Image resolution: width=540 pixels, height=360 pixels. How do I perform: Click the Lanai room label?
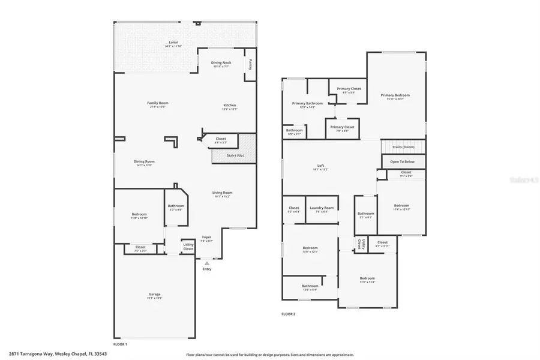point(173,43)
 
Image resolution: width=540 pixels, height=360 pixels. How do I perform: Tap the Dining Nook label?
point(220,64)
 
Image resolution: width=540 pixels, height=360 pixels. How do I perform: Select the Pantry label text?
point(250,64)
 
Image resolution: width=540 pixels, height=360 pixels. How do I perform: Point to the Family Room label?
point(158,104)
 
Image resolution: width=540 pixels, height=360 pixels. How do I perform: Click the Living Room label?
point(222,194)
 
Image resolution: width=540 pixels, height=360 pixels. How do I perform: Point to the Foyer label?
point(206,238)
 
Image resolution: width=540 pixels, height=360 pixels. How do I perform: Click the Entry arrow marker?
point(207,263)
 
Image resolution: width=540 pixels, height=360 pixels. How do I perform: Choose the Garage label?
point(155,295)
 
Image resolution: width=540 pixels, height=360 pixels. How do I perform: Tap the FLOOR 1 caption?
point(120,344)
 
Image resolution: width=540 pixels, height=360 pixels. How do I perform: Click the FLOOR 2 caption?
point(289,314)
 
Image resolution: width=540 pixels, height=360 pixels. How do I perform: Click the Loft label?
point(320,167)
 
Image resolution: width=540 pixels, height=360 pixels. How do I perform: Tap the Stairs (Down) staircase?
point(403,147)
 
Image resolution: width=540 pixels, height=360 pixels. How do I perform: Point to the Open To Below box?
point(403,162)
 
